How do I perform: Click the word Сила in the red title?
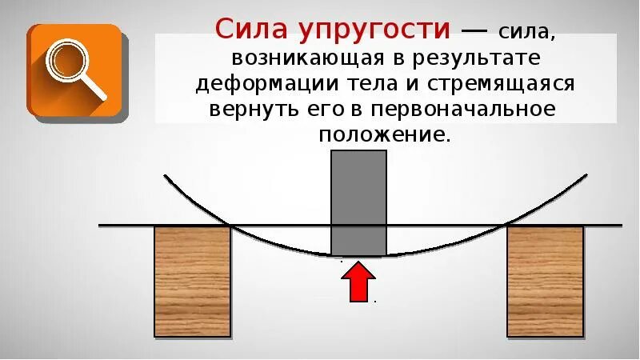(252, 30)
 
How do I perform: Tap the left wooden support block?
(192, 280)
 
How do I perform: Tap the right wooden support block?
(545, 280)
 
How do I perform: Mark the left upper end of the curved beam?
(165, 175)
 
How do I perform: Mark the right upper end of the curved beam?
(586, 175)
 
